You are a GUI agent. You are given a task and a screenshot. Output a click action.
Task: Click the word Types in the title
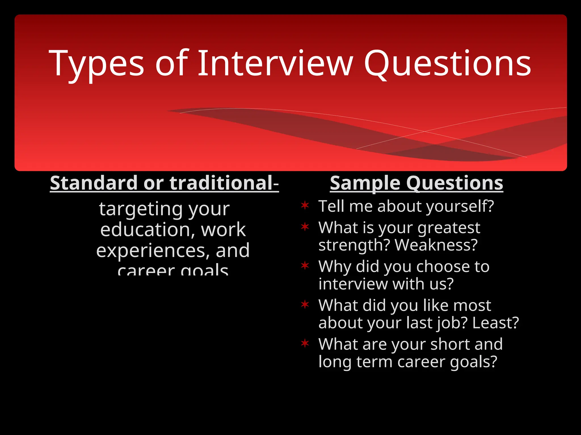coord(96,64)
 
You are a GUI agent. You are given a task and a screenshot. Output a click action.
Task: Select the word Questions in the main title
coord(447,64)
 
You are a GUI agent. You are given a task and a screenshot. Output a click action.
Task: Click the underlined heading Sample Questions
coord(416,183)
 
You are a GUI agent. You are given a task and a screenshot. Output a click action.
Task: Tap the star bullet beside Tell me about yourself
coord(305,205)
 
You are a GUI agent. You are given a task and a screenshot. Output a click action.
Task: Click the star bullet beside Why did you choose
coord(305,265)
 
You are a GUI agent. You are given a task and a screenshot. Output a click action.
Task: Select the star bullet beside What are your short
coord(305,343)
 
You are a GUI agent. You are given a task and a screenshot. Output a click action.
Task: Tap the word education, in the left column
coord(148,230)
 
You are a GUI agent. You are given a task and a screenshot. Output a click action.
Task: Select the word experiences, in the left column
coord(153,251)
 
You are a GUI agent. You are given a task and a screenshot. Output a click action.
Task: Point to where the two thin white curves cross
coord(425,131)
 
